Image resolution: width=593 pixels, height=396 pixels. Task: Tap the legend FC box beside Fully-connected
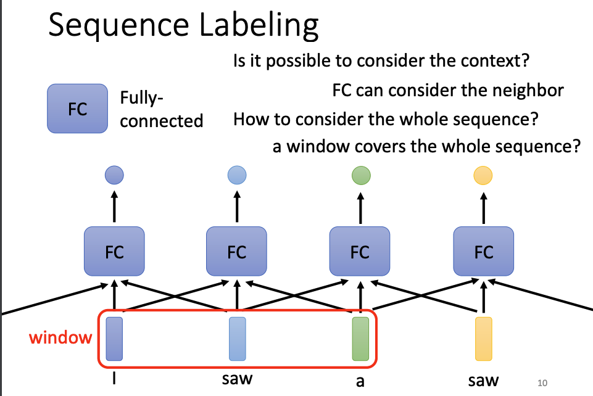pyautogui.click(x=77, y=110)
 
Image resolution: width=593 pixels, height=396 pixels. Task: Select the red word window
pyautogui.click(x=61, y=337)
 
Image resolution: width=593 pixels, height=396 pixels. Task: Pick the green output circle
pyautogui.click(x=360, y=175)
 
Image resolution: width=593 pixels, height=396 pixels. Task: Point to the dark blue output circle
pyautogui.click(x=114, y=175)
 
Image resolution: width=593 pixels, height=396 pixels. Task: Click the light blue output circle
pyautogui.click(x=237, y=175)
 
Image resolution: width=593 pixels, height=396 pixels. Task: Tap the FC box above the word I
pyautogui.click(x=114, y=252)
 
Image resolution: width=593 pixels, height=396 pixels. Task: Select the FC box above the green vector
pyautogui.click(x=360, y=252)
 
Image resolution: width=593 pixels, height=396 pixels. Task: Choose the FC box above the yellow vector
pyautogui.click(x=483, y=252)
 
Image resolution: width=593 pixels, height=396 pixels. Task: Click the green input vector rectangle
pyautogui.click(x=360, y=338)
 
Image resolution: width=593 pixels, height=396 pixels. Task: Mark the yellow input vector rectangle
pyautogui.click(x=483, y=338)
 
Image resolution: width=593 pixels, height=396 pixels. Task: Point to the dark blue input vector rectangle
pyautogui.click(x=114, y=338)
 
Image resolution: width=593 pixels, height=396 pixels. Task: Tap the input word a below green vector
pyautogui.click(x=360, y=381)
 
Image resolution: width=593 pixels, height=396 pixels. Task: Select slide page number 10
pyautogui.click(x=542, y=383)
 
